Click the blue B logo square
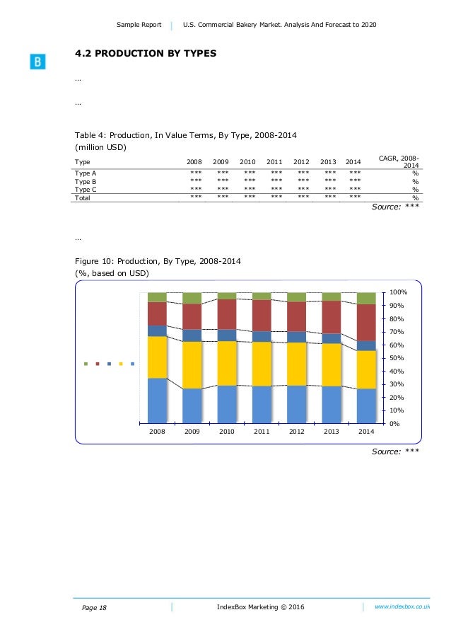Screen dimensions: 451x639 37,62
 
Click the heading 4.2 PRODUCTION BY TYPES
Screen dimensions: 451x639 146,53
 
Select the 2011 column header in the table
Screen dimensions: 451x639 274,162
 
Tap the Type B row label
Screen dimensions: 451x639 86,182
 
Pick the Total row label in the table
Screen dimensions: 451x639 82,198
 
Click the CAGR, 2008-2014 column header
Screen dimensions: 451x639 399,162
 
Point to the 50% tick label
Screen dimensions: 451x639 397,358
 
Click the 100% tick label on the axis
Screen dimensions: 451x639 398,292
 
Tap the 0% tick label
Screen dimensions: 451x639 394,424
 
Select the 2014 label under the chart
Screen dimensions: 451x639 366,431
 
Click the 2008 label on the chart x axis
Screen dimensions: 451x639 157,431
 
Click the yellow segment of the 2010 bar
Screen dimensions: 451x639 227,363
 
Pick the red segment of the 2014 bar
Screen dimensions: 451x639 366,323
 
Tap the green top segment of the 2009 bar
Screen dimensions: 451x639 192,298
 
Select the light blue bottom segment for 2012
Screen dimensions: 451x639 297,404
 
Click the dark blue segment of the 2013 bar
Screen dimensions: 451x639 332,339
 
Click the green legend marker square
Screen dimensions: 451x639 86,364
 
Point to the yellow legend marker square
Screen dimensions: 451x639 121,364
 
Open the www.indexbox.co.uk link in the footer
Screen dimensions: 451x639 402,606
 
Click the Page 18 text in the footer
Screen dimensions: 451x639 94,608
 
